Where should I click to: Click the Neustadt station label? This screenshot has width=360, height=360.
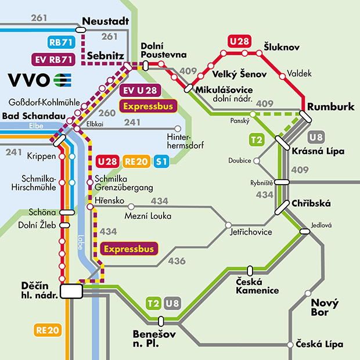coord(105,21)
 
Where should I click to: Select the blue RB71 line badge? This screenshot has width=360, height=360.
coord(61,42)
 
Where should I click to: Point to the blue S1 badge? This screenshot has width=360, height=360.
coord(161,161)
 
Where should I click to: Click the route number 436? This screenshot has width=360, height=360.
coord(177,261)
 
